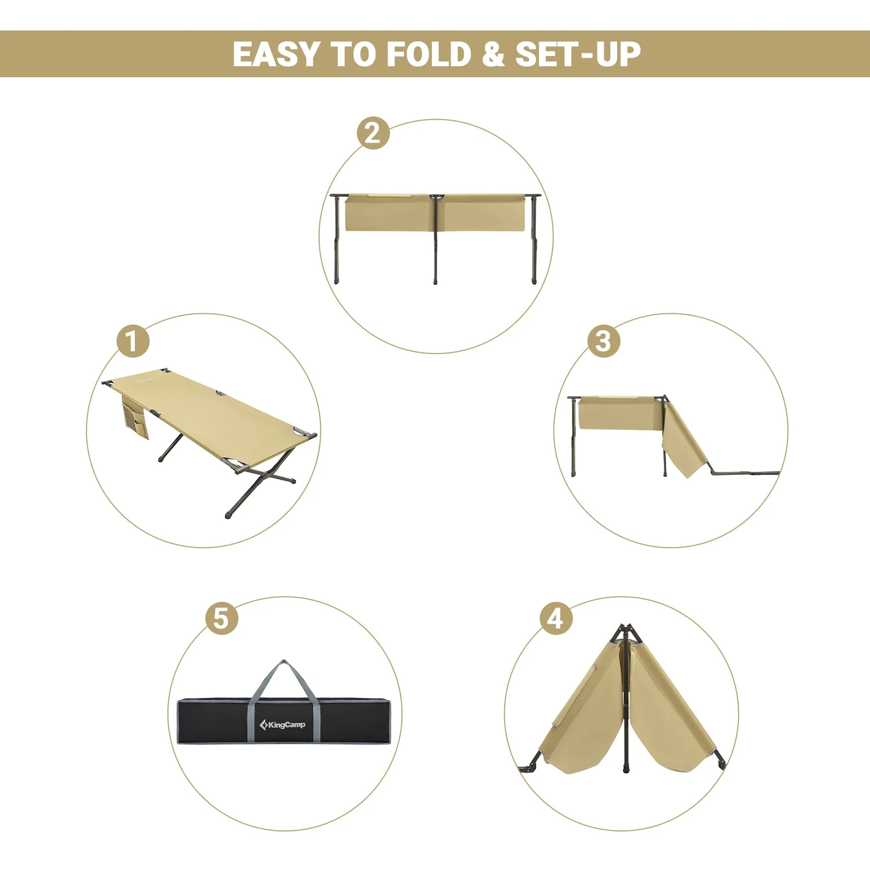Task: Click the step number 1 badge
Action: coord(133,341)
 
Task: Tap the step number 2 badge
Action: coord(373,133)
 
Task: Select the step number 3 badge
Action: coord(603,341)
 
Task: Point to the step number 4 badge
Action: coord(556,619)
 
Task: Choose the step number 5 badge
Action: coord(221,619)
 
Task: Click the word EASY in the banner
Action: coord(276,54)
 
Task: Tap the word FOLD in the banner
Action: coord(429,54)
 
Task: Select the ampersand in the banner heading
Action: coord(493,54)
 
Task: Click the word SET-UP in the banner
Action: coord(578,54)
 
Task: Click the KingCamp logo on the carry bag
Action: coord(282,724)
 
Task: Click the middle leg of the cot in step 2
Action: coord(435,239)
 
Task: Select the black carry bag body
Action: coord(284,720)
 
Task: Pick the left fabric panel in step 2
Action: coord(389,212)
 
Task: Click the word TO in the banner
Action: coord(353,54)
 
